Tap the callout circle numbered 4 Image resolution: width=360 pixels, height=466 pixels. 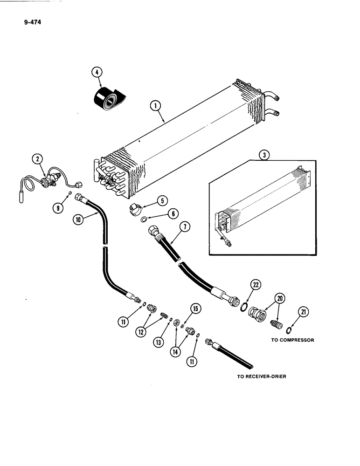(97, 72)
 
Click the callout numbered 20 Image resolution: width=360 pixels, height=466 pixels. (280, 298)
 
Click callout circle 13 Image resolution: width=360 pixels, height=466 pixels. (160, 342)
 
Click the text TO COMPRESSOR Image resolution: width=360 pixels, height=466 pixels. (292, 340)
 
